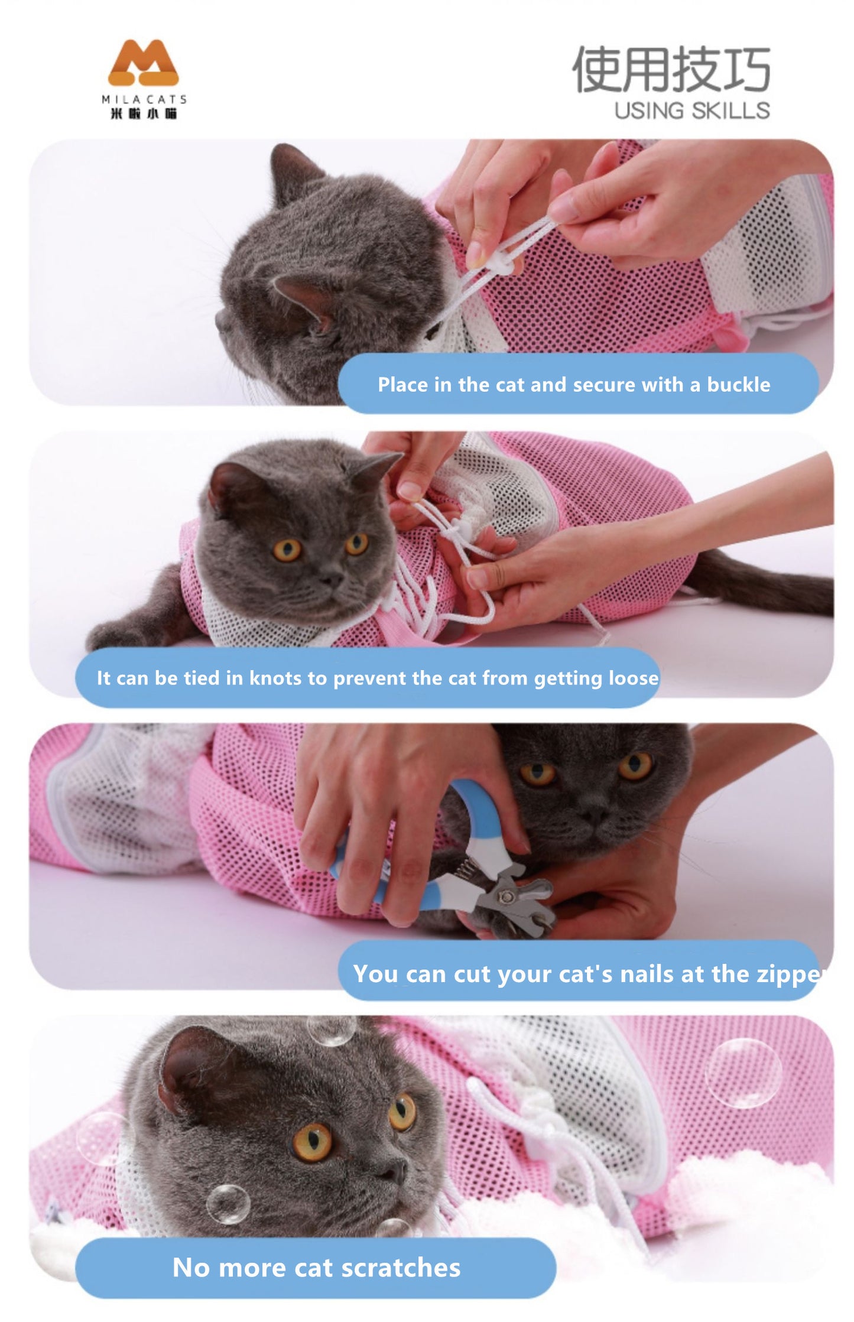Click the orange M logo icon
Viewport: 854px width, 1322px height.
click(x=143, y=63)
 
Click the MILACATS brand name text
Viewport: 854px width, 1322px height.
click(x=144, y=99)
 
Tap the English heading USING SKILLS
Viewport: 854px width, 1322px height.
click(x=692, y=111)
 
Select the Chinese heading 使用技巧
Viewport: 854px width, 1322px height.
click(x=671, y=70)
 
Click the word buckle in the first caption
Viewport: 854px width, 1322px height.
click(x=738, y=385)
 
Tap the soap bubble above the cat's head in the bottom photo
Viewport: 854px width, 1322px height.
click(x=331, y=1029)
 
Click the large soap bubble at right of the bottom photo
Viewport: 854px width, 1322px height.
click(x=743, y=1073)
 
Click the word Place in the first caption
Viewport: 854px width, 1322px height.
click(x=402, y=385)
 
